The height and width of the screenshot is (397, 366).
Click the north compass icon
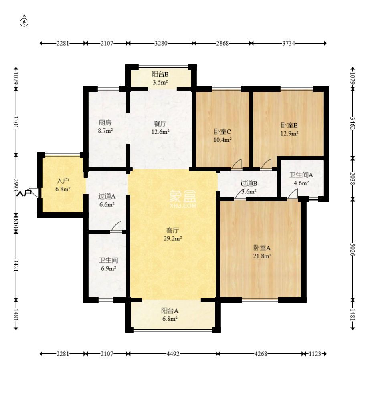(24, 22)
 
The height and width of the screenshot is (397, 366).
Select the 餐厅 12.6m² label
(160, 128)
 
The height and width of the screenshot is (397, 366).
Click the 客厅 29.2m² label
(173, 234)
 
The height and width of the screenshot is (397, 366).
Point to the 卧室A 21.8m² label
(262, 252)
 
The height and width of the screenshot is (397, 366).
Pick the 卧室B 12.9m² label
(289, 129)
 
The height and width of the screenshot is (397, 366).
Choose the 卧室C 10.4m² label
(222, 136)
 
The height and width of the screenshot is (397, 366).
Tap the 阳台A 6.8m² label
(170, 315)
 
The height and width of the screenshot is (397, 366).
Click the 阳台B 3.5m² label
(160, 78)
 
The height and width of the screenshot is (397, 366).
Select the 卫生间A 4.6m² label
(301, 179)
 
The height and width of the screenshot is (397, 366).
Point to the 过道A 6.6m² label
(107, 200)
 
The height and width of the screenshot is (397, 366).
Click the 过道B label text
(249, 183)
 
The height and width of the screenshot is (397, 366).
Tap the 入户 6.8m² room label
(63, 185)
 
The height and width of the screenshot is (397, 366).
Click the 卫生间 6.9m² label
(108, 264)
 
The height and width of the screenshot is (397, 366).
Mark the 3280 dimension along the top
(161, 43)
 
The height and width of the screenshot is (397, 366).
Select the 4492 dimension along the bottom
(173, 354)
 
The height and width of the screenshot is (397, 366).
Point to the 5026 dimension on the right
(353, 250)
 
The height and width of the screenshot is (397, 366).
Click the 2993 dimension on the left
(16, 185)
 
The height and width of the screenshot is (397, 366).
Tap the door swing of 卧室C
(237, 164)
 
